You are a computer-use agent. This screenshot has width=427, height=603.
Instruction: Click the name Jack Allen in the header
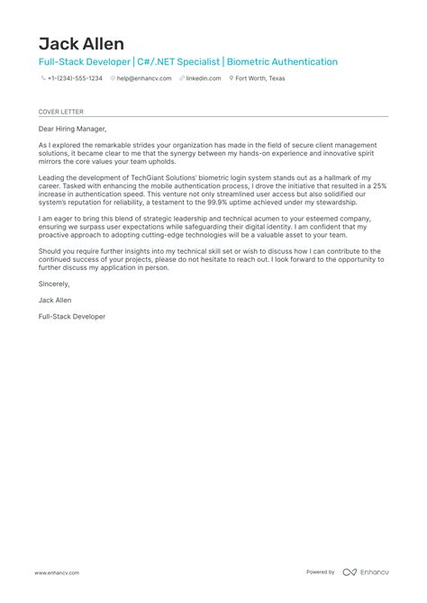click(x=82, y=43)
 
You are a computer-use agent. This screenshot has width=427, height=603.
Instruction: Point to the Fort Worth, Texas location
click(x=259, y=78)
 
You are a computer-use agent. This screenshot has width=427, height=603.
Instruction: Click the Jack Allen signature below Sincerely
click(x=56, y=300)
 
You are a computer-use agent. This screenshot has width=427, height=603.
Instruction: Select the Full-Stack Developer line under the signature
click(x=72, y=317)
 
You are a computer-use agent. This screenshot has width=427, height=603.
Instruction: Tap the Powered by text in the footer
click(x=321, y=572)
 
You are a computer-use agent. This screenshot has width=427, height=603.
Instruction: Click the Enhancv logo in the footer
click(x=368, y=572)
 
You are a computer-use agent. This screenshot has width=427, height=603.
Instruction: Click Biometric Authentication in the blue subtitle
click(x=282, y=62)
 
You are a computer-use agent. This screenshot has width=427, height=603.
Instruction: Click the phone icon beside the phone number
click(x=43, y=78)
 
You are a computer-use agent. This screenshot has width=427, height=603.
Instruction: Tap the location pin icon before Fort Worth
click(x=229, y=78)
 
